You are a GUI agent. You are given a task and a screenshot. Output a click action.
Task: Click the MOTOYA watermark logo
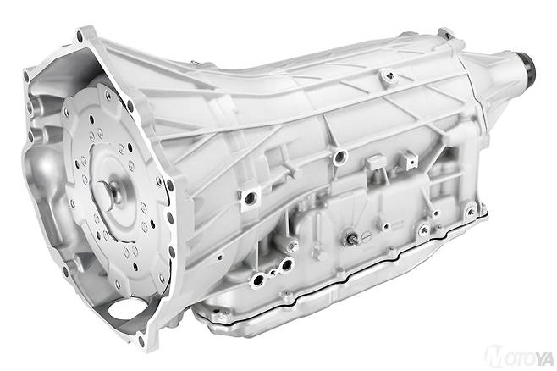[x=520, y=357]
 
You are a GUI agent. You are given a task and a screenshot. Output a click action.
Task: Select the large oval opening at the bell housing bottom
[x=125, y=308]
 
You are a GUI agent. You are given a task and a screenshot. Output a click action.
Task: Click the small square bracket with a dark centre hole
[x=409, y=160]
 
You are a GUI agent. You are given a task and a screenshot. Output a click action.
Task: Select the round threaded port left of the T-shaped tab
[x=340, y=157]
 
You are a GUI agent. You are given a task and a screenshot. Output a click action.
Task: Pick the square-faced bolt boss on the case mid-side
[x=250, y=199]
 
